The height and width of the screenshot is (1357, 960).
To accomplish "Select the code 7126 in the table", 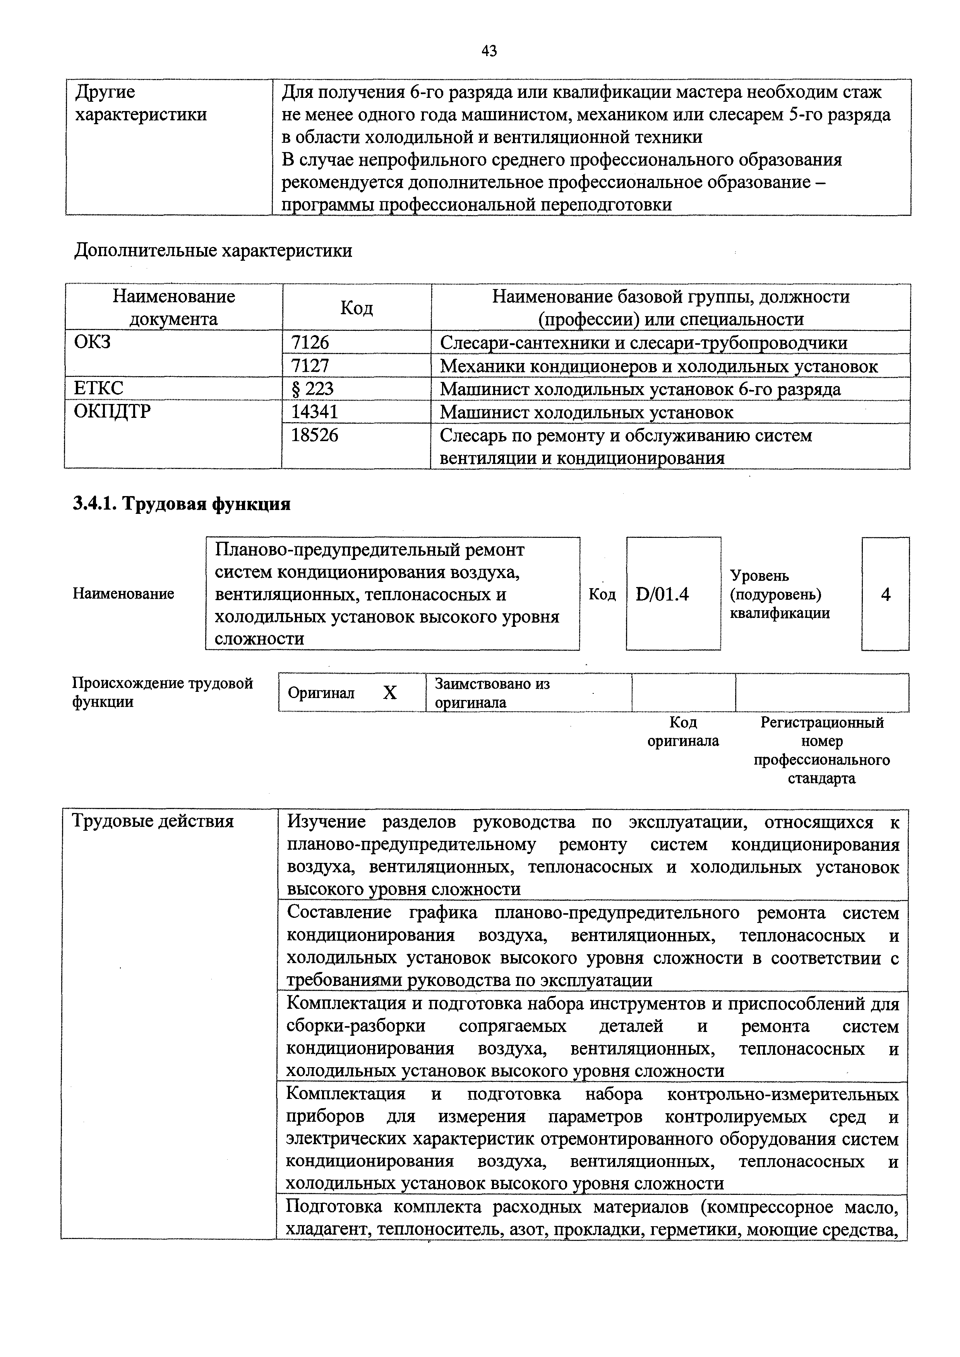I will (310, 343).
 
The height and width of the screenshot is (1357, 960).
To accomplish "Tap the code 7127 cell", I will (310, 366).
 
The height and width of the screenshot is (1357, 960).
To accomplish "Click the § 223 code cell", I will (313, 388).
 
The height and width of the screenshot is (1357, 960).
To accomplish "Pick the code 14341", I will (314, 412).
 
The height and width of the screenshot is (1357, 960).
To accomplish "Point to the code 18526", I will (314, 436).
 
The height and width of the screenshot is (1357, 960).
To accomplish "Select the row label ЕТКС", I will (99, 388).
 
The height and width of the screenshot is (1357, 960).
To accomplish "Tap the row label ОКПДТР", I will (112, 411).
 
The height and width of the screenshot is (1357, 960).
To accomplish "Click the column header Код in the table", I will (357, 307).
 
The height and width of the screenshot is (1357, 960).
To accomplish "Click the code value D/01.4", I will (662, 594).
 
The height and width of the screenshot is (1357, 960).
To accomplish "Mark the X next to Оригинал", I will (389, 693).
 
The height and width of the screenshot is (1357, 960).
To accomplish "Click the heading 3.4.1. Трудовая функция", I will (182, 504).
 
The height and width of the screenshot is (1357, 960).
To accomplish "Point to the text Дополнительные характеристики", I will (213, 251).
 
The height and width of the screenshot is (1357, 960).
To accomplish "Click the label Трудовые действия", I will (153, 821).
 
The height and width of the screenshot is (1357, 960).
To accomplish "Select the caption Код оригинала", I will (683, 732).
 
